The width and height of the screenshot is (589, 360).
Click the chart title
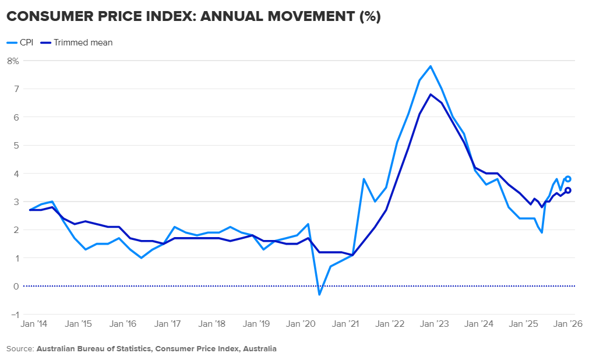coord(193,17)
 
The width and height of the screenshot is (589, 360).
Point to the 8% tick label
coord(13,61)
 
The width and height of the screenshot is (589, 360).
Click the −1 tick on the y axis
coord(13,314)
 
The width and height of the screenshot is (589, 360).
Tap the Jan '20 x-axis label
coord(301,323)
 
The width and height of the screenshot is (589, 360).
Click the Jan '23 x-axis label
coord(435,323)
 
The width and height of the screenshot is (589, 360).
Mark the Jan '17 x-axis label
coord(168,323)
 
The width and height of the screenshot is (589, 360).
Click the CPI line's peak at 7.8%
coord(431,66)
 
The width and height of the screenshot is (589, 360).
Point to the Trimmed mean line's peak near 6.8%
coord(431,94)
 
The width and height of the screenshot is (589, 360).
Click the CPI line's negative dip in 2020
coord(319,294)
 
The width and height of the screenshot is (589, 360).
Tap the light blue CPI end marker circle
coord(568,179)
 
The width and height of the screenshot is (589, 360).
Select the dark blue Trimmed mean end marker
coord(568,190)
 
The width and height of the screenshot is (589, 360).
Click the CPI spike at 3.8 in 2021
coord(364,179)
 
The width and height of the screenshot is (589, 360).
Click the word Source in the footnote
coord(19,349)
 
